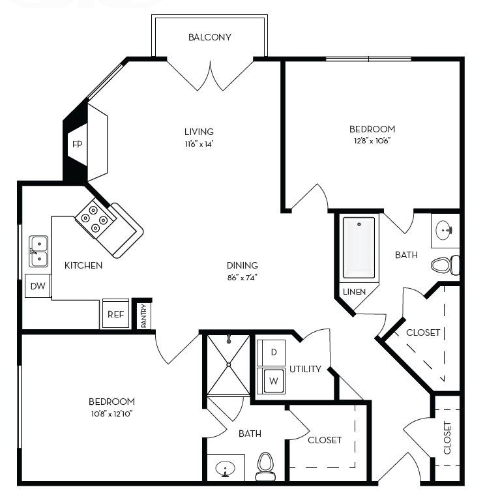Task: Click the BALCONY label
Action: [209, 37]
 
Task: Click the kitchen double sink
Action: [38, 251]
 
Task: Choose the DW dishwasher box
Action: [38, 286]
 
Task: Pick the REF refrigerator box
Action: [115, 314]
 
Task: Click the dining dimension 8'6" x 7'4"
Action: [242, 277]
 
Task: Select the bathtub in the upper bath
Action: [359, 248]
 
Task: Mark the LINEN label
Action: [355, 291]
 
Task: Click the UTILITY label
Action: [305, 369]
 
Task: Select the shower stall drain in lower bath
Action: [228, 339]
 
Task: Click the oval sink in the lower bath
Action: [226, 468]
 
